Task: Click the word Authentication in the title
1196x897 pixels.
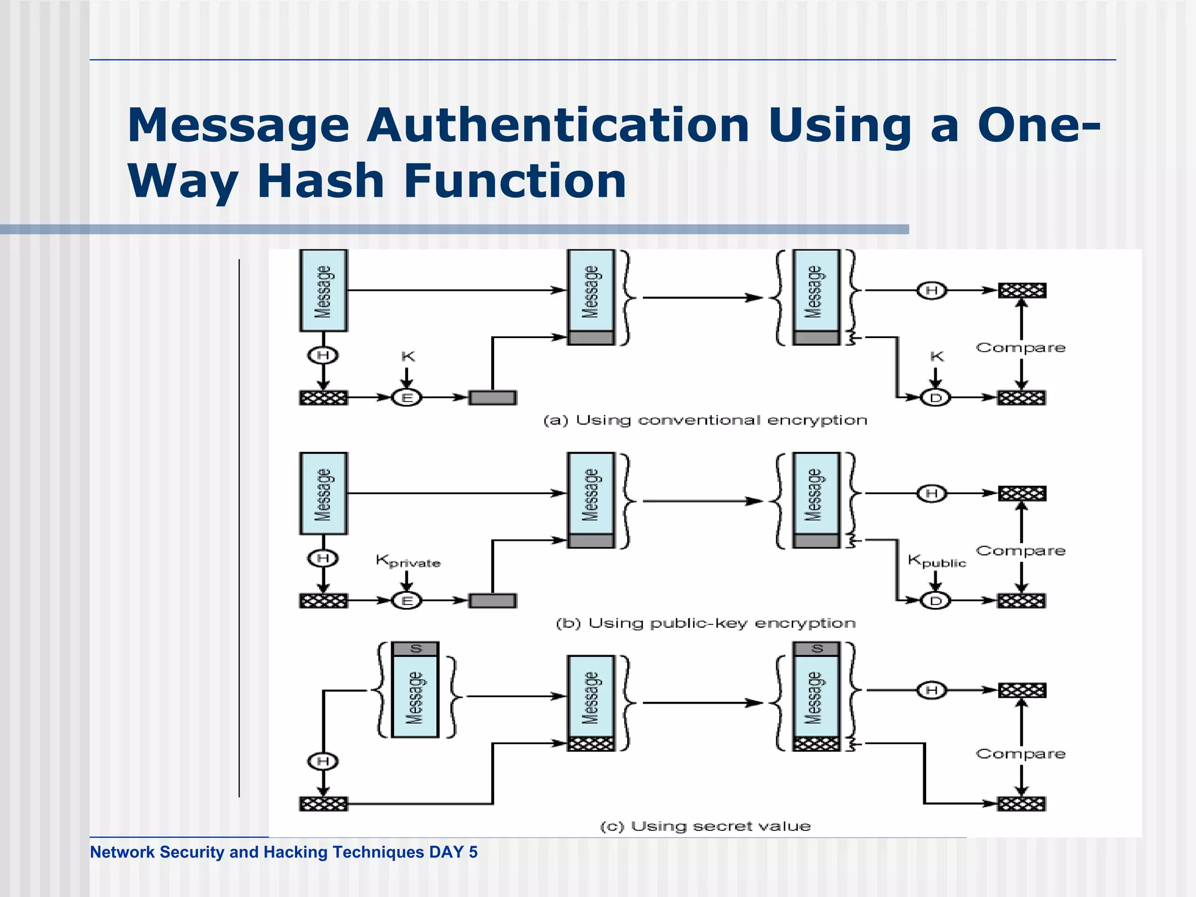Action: click(558, 125)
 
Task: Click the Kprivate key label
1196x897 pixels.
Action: click(408, 561)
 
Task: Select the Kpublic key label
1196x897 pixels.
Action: click(936, 561)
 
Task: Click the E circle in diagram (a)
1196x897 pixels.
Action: click(407, 398)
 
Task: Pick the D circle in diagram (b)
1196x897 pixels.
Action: click(936, 600)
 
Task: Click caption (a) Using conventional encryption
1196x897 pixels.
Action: click(705, 420)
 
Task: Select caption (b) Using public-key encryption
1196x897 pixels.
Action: click(705, 623)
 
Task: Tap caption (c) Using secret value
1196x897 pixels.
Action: click(705, 826)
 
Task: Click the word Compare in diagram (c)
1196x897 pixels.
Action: click(1020, 753)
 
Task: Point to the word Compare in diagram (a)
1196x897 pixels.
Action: click(1020, 347)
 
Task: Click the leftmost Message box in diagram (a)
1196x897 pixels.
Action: click(323, 290)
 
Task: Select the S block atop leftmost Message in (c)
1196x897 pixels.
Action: click(415, 649)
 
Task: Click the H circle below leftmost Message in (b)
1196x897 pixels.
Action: click(323, 558)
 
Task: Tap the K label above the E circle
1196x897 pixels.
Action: click(408, 356)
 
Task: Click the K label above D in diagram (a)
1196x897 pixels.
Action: click(936, 356)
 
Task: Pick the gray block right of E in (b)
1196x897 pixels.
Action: click(492, 600)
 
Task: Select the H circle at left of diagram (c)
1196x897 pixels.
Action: click(323, 761)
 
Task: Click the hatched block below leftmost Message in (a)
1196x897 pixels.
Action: click(323, 398)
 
